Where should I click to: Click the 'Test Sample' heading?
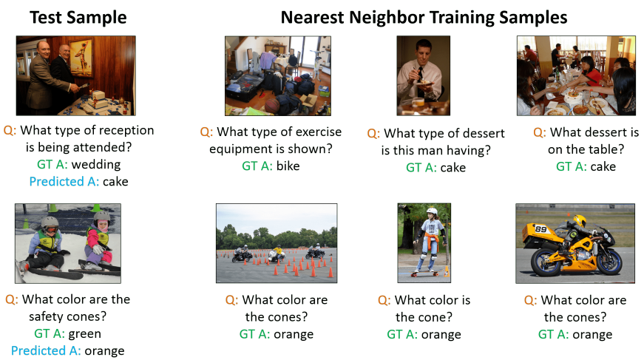point(78,18)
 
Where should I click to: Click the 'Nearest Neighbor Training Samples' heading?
point(424,18)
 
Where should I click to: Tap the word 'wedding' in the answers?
point(96,164)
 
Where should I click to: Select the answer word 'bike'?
point(288,166)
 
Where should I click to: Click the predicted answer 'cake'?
point(115,181)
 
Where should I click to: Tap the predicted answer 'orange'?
point(104,351)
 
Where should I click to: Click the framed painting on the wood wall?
point(81,58)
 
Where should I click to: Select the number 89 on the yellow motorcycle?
point(540,228)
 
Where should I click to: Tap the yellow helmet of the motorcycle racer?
point(579,220)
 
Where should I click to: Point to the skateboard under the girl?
point(423,273)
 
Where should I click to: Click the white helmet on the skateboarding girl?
point(432,212)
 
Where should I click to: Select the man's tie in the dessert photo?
point(420,76)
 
